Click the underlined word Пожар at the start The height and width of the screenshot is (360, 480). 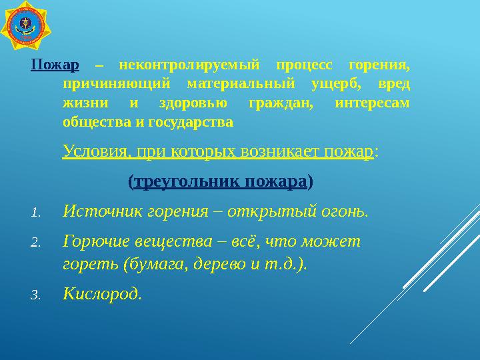(55, 65)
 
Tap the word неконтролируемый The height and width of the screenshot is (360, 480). (188, 65)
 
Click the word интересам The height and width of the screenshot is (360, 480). (372, 104)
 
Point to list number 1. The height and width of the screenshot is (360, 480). (37, 213)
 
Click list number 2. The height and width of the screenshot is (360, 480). (37, 243)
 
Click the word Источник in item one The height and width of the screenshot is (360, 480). (97, 211)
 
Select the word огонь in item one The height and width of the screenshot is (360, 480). (345, 211)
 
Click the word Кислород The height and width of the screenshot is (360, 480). (101, 293)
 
